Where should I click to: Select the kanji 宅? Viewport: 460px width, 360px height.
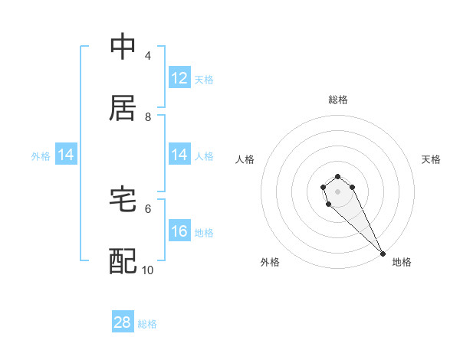[123, 200]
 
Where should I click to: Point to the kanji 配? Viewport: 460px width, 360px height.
[123, 261]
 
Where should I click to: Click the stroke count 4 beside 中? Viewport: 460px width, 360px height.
[147, 56]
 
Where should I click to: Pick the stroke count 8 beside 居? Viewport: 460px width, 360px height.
[147, 117]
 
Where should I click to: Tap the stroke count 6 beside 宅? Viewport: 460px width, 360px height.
[147, 208]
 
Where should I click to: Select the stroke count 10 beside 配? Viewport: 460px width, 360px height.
[148, 270]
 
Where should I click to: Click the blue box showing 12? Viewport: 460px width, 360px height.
[179, 78]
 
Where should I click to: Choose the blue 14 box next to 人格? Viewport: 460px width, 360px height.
[179, 155]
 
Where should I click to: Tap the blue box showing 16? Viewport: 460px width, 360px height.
[179, 231]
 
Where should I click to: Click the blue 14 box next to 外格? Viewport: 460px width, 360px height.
[66, 155]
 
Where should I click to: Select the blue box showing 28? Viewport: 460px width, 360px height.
[123, 322]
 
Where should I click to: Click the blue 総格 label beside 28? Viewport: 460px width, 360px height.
[147, 324]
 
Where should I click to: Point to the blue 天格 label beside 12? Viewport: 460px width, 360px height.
[204, 80]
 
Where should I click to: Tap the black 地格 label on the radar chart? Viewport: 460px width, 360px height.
[402, 262]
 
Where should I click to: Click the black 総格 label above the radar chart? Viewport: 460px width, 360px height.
[337, 100]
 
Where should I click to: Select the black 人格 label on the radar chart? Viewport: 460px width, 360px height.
[245, 159]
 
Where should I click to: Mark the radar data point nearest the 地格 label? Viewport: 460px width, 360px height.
[383, 254]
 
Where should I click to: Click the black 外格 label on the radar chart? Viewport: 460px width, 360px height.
[270, 262]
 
